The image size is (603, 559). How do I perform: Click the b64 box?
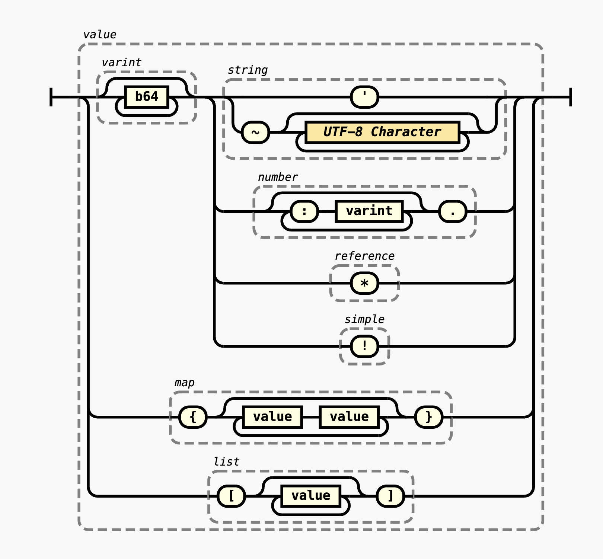(147, 97)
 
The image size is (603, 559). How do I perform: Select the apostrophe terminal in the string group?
(364, 97)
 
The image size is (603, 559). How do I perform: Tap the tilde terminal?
(255, 132)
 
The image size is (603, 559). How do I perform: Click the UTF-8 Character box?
(382, 132)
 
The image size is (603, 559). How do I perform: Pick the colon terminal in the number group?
(304, 211)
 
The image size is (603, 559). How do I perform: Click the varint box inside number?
(369, 211)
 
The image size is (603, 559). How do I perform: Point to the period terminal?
(453, 211)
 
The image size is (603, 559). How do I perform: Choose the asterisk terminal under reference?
(364, 283)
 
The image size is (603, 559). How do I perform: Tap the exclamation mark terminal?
(364, 346)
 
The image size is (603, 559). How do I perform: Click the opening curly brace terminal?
(193, 417)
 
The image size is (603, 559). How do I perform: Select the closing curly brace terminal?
(429, 417)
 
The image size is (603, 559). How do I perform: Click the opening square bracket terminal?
(231, 496)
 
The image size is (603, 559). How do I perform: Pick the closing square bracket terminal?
(390, 496)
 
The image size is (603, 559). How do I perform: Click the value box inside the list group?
(311, 496)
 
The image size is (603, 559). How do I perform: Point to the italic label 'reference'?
(364, 256)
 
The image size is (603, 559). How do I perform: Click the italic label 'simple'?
(364, 319)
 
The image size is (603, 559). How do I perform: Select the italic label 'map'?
(184, 383)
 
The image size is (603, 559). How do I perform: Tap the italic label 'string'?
(248, 70)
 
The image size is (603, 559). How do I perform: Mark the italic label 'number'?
(278, 177)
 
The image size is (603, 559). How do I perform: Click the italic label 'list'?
(226, 462)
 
